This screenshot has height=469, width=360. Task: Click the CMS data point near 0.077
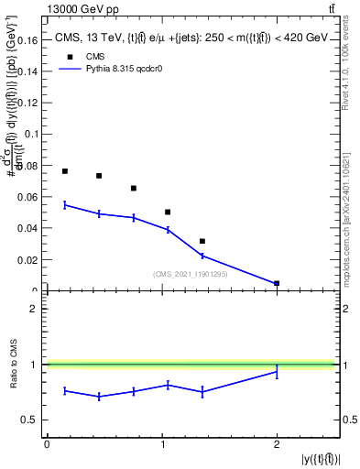(65, 171)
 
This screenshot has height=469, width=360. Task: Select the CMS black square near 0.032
(202, 241)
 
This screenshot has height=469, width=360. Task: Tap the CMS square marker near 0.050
(168, 212)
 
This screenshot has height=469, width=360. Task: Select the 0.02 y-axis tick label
(28, 260)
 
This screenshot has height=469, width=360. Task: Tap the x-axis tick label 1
(161, 444)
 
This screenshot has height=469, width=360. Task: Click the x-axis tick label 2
(277, 444)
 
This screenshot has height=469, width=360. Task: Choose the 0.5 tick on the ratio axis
(31, 420)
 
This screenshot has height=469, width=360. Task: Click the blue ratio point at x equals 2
(277, 372)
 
